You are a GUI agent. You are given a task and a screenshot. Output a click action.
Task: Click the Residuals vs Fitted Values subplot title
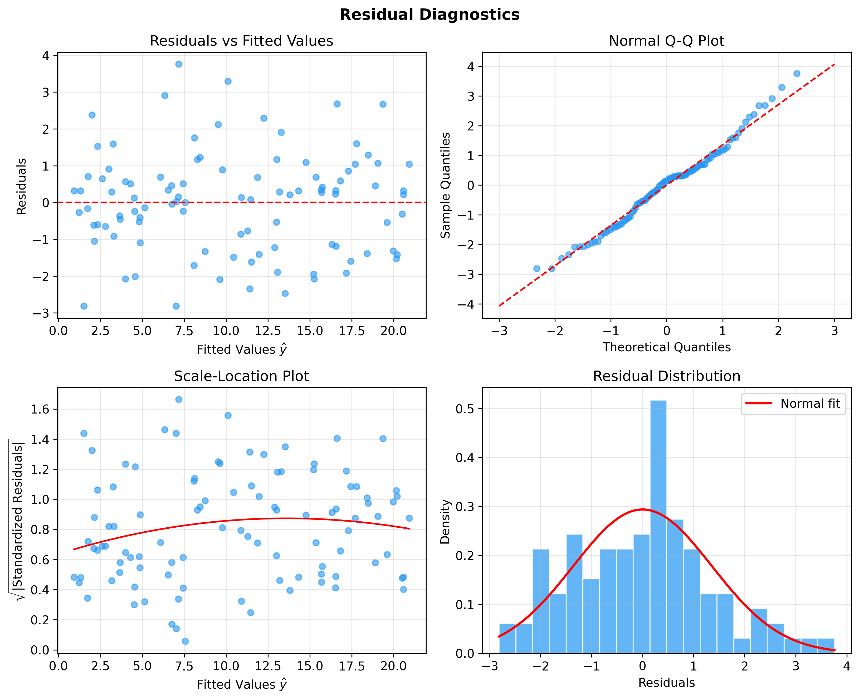pos(241,41)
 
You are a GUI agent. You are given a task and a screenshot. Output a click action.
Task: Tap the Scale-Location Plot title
pos(241,376)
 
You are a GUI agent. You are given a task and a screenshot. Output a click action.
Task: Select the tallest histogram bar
pos(658,524)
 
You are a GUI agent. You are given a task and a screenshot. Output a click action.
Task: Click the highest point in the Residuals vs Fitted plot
pos(179,64)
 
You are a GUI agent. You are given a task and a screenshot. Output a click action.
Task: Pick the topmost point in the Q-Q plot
pos(797,73)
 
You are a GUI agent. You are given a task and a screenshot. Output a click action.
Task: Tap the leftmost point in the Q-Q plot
pos(536,269)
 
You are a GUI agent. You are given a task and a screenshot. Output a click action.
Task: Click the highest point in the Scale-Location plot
pos(179,399)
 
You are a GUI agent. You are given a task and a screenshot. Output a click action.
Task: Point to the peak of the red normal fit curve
pos(642,509)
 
